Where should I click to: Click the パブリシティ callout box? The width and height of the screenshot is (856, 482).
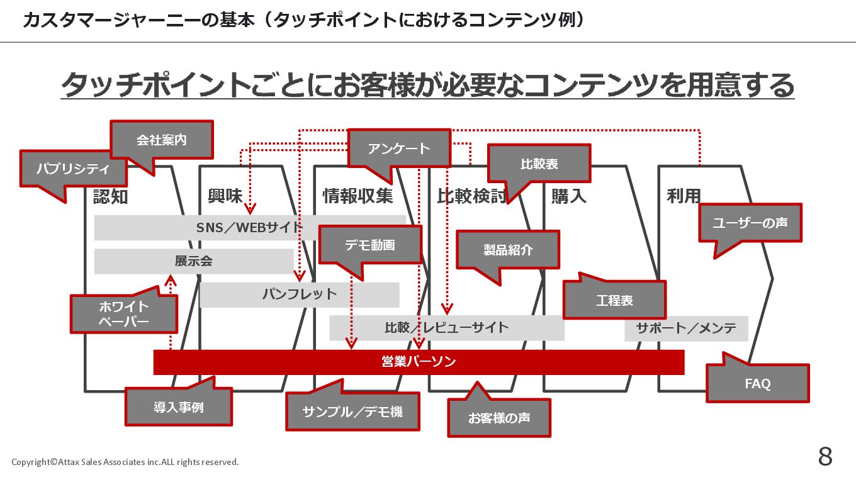(73, 169)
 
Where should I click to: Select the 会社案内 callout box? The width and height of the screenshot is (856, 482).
(162, 140)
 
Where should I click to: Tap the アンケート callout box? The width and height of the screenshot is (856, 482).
(399, 149)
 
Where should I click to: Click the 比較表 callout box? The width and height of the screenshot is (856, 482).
(539, 164)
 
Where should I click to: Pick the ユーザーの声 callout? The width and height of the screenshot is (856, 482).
(750, 223)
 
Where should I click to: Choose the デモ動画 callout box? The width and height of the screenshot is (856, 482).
(370, 245)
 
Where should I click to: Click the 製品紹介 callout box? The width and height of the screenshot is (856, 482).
(508, 249)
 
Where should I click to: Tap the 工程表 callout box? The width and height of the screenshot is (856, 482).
(614, 300)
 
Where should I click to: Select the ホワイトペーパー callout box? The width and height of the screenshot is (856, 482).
(124, 314)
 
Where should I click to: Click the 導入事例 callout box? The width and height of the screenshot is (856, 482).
(179, 406)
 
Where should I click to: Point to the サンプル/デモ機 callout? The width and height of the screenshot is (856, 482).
(352, 412)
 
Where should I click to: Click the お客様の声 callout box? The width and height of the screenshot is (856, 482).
(499, 418)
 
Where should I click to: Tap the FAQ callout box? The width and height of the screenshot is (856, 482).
(758, 383)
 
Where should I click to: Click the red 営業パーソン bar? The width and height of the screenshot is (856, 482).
(419, 362)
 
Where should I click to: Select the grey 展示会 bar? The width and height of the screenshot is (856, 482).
(193, 261)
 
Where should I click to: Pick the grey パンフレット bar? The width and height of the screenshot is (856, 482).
(300, 294)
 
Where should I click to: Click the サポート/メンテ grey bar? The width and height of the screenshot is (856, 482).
(686, 328)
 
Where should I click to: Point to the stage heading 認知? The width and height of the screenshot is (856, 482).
(110, 196)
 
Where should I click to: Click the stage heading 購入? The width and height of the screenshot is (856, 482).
(568, 196)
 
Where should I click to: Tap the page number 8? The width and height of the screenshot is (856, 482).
(825, 457)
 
